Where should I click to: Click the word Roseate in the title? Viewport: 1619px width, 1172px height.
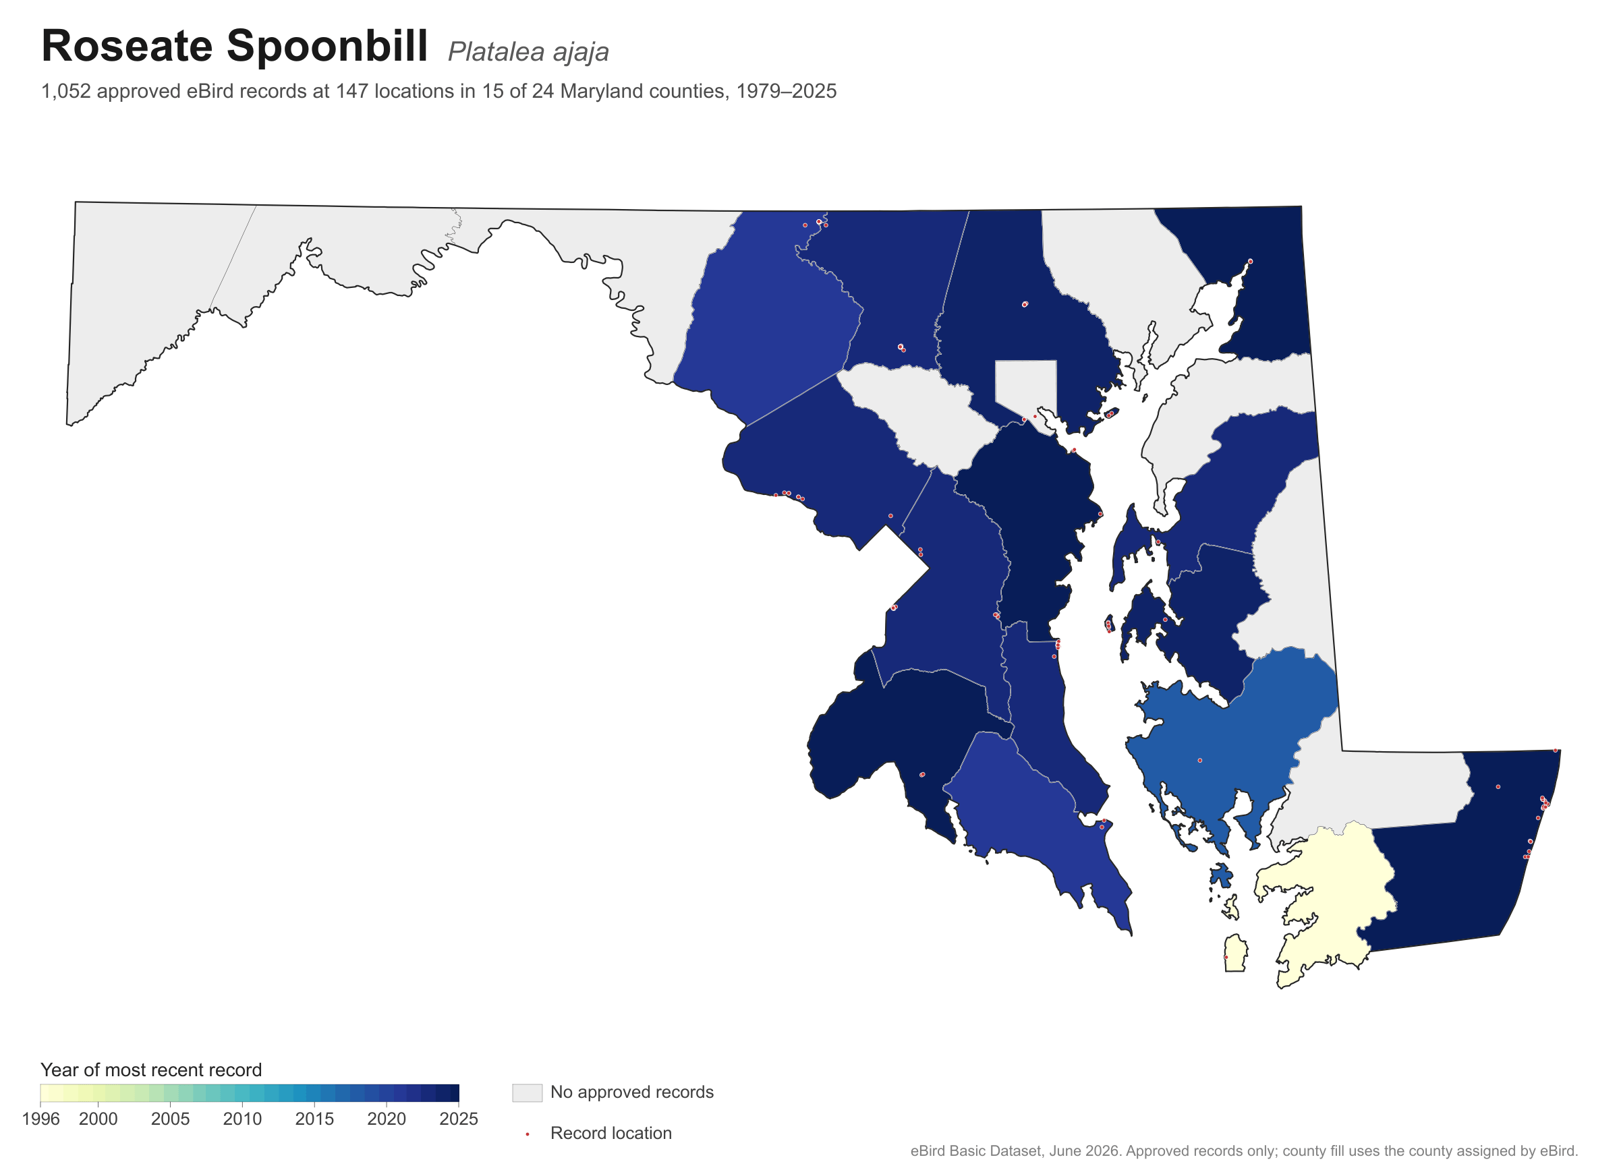coord(127,46)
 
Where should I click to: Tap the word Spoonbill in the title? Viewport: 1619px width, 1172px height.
coord(328,47)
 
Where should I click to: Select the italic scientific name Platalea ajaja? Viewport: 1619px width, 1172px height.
coord(528,51)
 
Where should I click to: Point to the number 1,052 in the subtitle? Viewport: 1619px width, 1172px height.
coord(65,91)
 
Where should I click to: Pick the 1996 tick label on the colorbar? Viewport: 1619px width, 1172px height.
coord(40,1119)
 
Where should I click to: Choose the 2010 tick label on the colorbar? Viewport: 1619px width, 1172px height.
coord(242,1119)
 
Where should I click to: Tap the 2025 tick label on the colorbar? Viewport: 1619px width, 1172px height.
coord(458,1119)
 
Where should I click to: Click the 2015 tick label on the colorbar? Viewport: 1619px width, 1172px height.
coord(314,1119)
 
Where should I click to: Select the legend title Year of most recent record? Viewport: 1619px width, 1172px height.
coord(151,1070)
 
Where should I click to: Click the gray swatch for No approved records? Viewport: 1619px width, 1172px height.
coord(527,1093)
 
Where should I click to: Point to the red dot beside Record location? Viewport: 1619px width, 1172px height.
coord(528,1134)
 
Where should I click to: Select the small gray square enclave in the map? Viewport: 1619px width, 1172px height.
coord(1026,388)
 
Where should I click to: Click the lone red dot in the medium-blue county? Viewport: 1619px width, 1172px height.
coord(1199,761)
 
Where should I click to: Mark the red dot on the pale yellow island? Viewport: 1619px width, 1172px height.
coord(1226,957)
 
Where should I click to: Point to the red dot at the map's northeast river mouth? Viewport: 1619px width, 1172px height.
coord(1250,261)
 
